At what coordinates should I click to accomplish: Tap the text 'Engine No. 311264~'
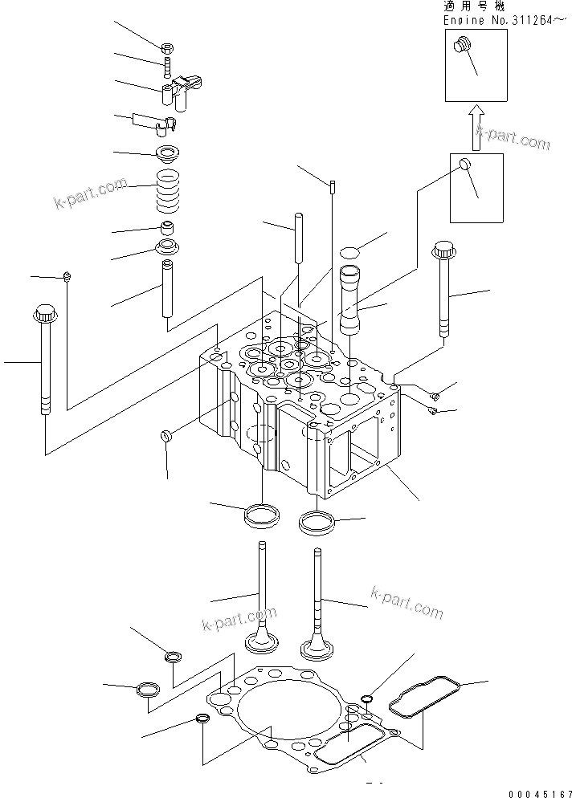point(498,19)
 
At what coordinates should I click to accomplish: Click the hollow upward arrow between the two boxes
point(476,125)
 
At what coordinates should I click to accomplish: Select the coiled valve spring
point(170,189)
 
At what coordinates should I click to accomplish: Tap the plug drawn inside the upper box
point(461,47)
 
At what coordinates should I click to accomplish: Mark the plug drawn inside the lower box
point(464,165)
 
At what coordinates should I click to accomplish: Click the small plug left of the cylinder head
point(166,435)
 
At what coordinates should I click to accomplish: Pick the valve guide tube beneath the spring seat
point(168,287)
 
